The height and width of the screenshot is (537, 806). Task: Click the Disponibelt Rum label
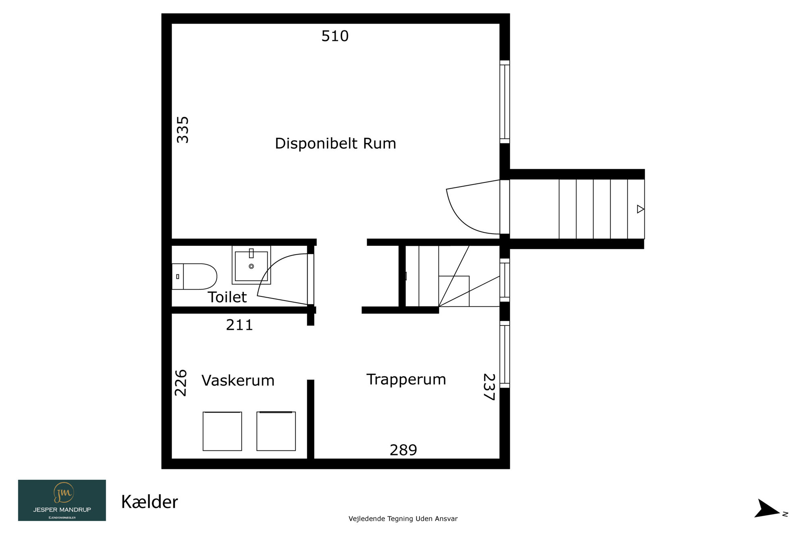[x=335, y=144]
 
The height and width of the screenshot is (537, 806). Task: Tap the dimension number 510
[x=335, y=36]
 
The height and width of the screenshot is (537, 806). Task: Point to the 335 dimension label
[x=183, y=130]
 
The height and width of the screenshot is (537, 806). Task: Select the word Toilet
[x=227, y=297]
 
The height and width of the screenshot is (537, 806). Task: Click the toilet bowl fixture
[x=194, y=276]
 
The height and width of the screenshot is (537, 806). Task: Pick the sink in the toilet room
[x=251, y=265]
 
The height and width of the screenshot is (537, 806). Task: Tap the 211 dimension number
[x=239, y=325]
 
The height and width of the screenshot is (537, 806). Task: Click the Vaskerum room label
[x=238, y=381]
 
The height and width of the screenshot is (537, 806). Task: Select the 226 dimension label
[x=181, y=383]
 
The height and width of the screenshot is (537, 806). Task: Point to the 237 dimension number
[x=489, y=387]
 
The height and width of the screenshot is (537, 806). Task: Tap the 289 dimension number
[x=403, y=450]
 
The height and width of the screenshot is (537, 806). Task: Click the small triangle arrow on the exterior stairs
[x=640, y=209]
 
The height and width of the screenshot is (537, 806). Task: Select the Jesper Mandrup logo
[x=62, y=500]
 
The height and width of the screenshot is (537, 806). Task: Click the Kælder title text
[x=150, y=502]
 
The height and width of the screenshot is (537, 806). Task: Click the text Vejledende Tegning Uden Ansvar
[x=403, y=519]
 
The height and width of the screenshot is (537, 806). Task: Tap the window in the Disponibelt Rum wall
[x=505, y=102]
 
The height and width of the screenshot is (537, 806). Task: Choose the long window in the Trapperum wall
[x=505, y=355]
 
